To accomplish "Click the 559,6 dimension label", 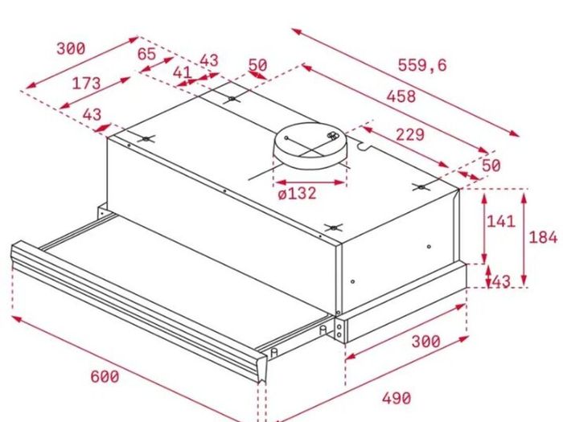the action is pyautogui.click(x=422, y=65).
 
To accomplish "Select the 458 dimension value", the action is pyautogui.click(x=401, y=96).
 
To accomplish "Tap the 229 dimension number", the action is pyautogui.click(x=410, y=134).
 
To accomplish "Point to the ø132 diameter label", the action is pyautogui.click(x=298, y=194).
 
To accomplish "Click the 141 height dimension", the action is pyautogui.click(x=501, y=221).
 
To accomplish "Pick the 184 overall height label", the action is pyautogui.click(x=543, y=238).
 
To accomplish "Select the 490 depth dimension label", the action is pyautogui.click(x=397, y=399).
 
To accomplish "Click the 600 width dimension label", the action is pyautogui.click(x=105, y=377).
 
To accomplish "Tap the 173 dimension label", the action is pyautogui.click(x=87, y=84).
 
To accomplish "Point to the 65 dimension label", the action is pyautogui.click(x=147, y=54).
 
